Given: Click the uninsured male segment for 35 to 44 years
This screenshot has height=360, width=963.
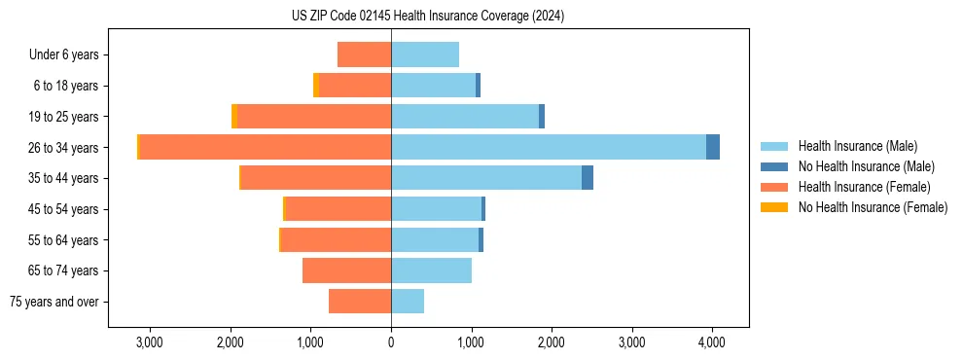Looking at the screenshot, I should coord(588,178).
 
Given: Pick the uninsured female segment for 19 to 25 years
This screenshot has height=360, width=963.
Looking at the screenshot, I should coord(234,116).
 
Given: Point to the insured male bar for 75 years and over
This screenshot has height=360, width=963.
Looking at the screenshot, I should coord(408,302).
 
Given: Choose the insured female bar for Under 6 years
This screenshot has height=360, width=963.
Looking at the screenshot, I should coord(364,54).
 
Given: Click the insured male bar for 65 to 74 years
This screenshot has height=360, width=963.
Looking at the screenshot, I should coord(431,270).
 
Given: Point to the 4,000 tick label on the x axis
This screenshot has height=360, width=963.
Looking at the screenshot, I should coord(711,342).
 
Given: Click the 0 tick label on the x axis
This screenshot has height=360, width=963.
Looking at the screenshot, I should coord(391,342).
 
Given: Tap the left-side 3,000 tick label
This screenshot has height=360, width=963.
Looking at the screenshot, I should coord(150,342).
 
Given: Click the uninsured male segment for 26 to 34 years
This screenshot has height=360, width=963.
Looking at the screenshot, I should coord(713,147).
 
